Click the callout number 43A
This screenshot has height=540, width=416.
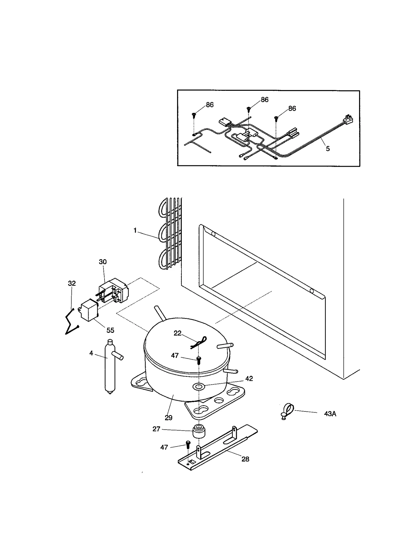(330, 414)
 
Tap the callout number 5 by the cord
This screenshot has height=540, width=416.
(328, 149)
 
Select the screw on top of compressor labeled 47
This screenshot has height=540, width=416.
(199, 360)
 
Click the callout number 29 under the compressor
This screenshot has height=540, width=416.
(168, 418)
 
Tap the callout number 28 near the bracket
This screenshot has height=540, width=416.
(245, 459)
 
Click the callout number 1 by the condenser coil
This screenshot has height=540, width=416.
(135, 230)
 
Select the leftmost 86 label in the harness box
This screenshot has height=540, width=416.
(210, 105)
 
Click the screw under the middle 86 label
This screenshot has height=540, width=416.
(249, 109)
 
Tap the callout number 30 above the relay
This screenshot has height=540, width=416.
(103, 262)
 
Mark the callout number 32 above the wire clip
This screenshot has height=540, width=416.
(72, 283)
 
